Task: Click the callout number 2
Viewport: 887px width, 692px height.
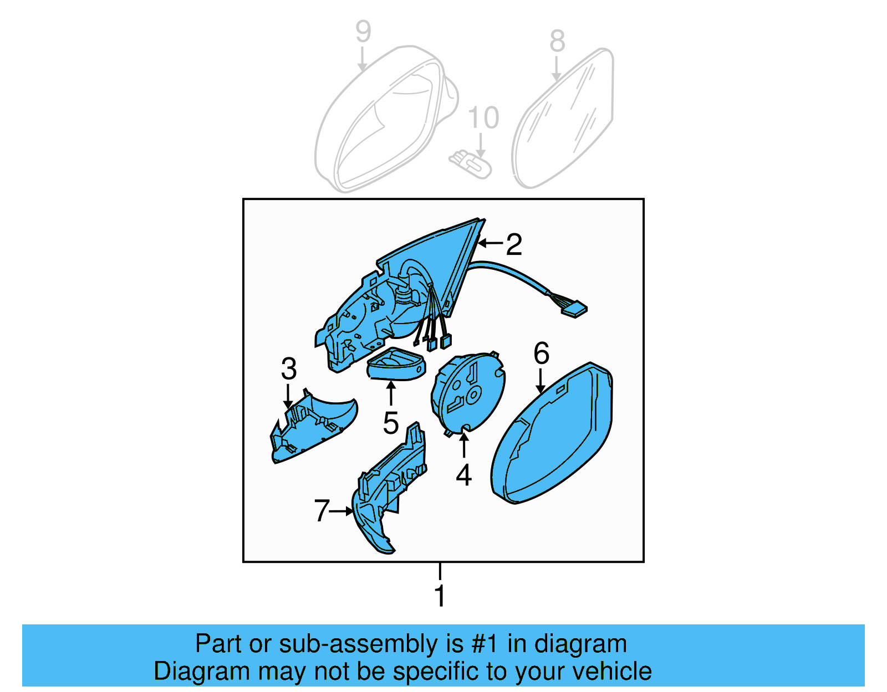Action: click(x=514, y=244)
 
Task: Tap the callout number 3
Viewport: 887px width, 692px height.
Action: click(x=288, y=368)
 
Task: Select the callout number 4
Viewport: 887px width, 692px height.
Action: click(x=463, y=475)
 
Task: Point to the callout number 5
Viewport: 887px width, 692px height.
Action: click(x=391, y=423)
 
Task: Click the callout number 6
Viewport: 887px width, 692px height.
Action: click(x=541, y=353)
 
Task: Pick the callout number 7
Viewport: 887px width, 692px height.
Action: click(x=322, y=510)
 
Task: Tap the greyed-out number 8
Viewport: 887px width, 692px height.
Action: click(x=557, y=41)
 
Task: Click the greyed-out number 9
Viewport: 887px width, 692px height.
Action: click(x=363, y=32)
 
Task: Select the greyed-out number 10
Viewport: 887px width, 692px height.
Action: click(x=483, y=117)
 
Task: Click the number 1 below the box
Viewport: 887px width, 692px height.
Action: click(x=440, y=596)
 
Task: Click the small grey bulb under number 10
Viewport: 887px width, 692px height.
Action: click(x=471, y=165)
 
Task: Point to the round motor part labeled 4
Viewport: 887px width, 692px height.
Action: click(x=468, y=391)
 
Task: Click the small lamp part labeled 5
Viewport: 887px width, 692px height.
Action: click(x=396, y=366)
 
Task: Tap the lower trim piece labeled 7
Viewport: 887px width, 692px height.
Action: click(x=388, y=488)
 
